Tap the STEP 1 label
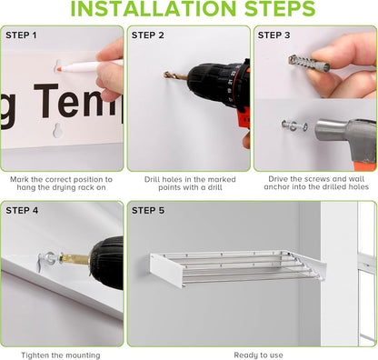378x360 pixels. [x=23, y=35]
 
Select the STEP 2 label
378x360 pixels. [x=148, y=35]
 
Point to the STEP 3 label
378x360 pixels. [x=274, y=35]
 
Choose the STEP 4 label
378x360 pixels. [x=23, y=210]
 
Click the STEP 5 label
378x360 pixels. [x=148, y=210]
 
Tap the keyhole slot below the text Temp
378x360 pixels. [x=57, y=129]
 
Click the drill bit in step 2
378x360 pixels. [x=175, y=76]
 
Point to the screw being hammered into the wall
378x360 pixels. [x=293, y=125]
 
